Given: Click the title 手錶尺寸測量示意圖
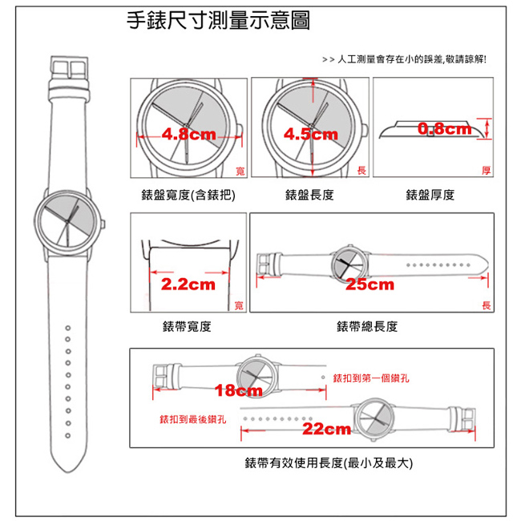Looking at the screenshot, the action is coord(218,21).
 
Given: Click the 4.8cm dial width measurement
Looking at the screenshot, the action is coord(188,135).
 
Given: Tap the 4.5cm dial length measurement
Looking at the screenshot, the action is coord(311,135).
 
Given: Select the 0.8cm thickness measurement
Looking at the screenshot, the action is coord(445,128).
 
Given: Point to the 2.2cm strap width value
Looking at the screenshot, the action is coord(188,285).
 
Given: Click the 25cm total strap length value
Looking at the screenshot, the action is coord(370,285).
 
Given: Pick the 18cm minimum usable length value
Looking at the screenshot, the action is coord(239,390).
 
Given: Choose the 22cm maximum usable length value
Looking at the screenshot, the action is coord(326,429).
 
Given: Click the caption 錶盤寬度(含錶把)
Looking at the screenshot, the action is coord(188,195).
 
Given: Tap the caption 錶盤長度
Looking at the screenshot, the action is coord(309,195).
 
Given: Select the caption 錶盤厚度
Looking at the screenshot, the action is coord(430,195).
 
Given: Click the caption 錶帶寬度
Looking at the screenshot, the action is coord(187,326).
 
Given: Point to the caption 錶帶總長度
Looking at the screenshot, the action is coord(367,326).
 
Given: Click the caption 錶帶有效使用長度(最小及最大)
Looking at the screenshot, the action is coord(329,462).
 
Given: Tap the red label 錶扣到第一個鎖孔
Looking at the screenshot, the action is coord(371,378).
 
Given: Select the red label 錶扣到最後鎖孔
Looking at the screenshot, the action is coord(193,419).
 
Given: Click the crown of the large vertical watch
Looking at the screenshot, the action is coord(103,224).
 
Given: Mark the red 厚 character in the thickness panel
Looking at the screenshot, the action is coord(486,171).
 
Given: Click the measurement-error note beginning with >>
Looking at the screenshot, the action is coord(404,59).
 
